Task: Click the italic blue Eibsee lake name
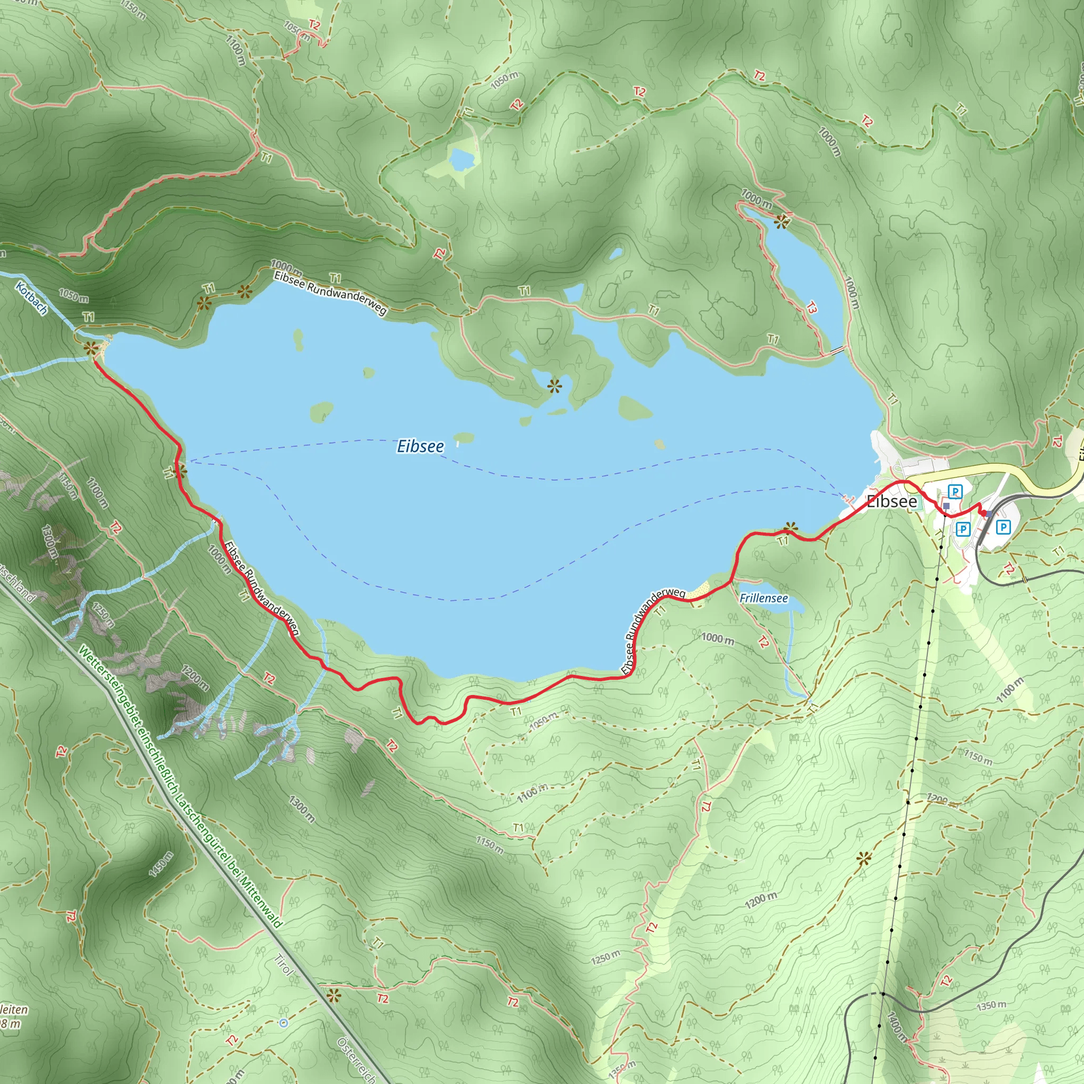pyautogui.click(x=420, y=446)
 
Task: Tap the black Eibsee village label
pyautogui.click(x=891, y=501)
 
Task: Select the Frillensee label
pyautogui.click(x=764, y=598)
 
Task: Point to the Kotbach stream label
pyautogui.click(x=31, y=298)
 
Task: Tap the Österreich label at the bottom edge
pyautogui.click(x=356, y=1059)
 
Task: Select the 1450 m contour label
pyautogui.click(x=161, y=864)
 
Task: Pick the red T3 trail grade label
pyautogui.click(x=811, y=307)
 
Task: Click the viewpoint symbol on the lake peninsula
pyautogui.click(x=554, y=385)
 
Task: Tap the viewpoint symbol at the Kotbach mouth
pyautogui.click(x=90, y=348)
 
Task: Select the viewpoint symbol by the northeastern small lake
pyautogui.click(x=781, y=222)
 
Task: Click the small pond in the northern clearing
pyautogui.click(x=462, y=159)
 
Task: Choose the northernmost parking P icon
pyautogui.click(x=954, y=492)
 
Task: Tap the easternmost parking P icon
pyautogui.click(x=1002, y=527)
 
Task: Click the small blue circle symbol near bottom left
pyautogui.click(x=283, y=1022)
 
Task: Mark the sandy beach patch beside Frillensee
pyautogui.click(x=699, y=590)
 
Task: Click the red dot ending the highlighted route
pyautogui.click(x=982, y=513)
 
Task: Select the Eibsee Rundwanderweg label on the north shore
pyautogui.click(x=330, y=293)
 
